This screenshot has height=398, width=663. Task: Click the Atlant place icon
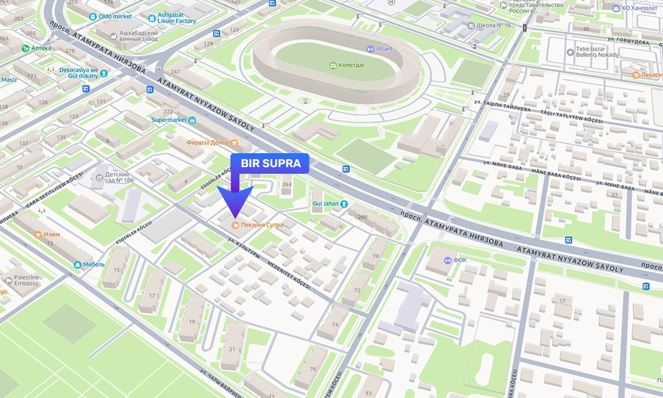[x=371, y=48]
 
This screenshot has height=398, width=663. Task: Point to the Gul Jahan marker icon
[x=343, y=204]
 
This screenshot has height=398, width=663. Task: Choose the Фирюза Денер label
[x=208, y=143]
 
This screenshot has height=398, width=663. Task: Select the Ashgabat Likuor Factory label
[x=176, y=18]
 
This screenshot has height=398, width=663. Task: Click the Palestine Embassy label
[x=23, y=281]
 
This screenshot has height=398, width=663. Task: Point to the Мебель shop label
[x=93, y=264]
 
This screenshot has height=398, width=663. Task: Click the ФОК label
[x=459, y=260]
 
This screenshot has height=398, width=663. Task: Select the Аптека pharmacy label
[x=40, y=48]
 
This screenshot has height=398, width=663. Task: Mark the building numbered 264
[x=286, y=184]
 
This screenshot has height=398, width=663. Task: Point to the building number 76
[x=313, y=369]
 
